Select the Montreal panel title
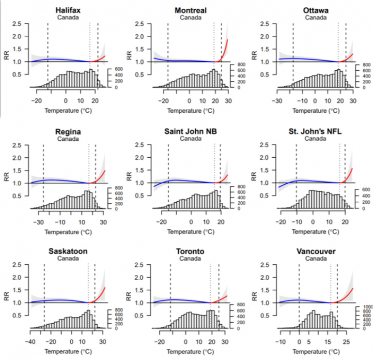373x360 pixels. (191, 10)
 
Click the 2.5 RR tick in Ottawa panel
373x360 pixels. (266, 23)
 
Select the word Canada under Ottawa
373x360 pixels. (315, 17)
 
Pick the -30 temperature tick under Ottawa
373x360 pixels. (277, 101)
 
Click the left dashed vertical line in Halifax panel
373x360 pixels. (47, 53)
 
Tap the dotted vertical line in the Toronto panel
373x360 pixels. (211, 295)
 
